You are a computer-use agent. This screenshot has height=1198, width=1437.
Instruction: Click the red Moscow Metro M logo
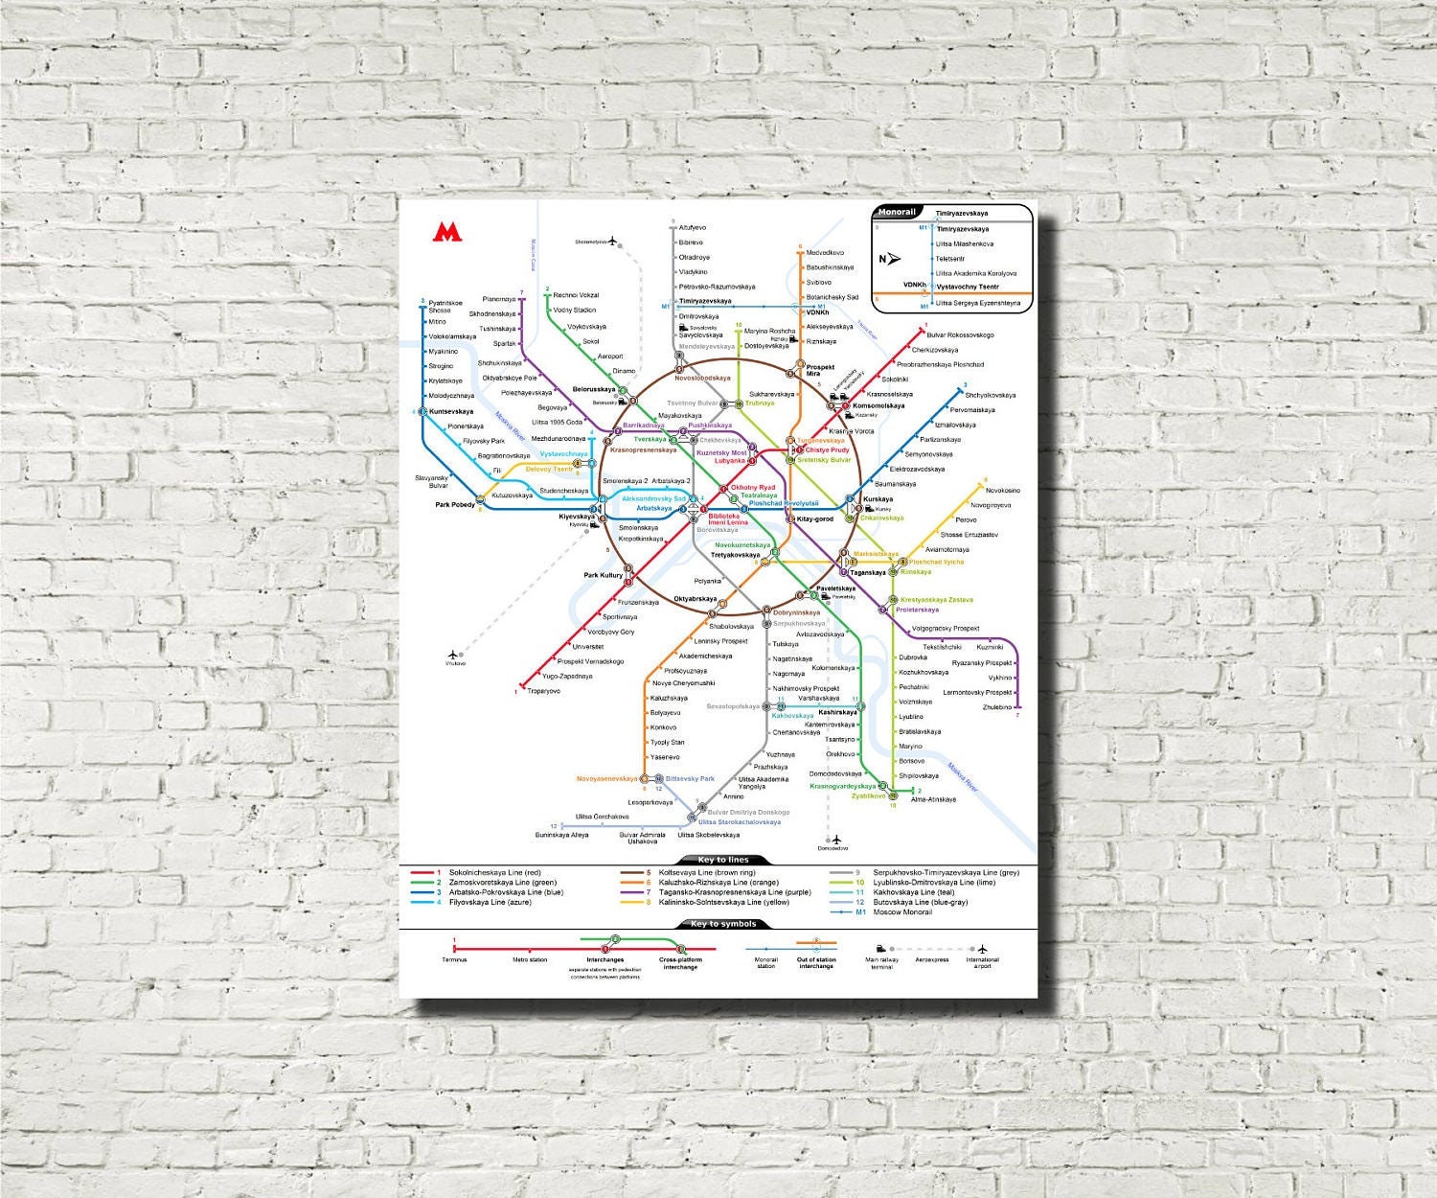point(446,231)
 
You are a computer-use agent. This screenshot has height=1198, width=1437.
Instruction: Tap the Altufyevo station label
point(692,228)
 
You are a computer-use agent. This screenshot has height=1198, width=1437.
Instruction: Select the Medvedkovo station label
point(825,253)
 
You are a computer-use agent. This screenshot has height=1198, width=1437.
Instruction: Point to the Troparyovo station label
point(543,691)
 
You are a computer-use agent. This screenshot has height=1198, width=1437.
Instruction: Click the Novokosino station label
point(1002,491)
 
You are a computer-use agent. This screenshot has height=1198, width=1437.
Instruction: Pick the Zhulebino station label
point(996,707)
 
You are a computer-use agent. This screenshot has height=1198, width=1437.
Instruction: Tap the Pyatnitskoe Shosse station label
point(445,307)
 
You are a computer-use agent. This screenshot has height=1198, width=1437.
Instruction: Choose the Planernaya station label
point(499,299)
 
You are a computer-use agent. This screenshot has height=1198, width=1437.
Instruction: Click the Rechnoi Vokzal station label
point(576,295)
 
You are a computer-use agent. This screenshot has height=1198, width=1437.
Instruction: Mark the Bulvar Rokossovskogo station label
point(960,335)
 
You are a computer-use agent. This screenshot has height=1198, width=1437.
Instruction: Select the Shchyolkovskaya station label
point(990,395)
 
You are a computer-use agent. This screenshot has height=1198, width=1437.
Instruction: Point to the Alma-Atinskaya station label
point(933,799)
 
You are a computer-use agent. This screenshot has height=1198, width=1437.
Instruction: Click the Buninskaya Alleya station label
point(562,836)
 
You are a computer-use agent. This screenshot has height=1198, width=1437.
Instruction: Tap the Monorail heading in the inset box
point(897,212)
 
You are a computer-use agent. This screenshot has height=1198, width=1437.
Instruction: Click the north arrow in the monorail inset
point(893,259)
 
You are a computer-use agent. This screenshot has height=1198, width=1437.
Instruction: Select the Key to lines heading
point(723,860)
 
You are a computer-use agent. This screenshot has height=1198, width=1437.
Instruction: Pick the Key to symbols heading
point(723,924)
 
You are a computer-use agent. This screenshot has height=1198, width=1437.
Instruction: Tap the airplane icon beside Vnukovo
point(454,655)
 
